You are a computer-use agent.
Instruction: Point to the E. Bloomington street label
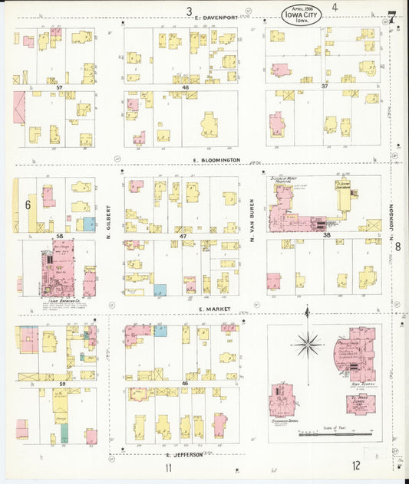tap(218, 160)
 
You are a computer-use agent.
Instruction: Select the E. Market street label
tap(209, 309)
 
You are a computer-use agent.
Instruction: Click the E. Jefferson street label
tap(183, 454)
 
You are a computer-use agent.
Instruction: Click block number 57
tap(59, 88)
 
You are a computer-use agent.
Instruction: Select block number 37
tap(325, 87)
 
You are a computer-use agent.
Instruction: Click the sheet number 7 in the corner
tap(391, 16)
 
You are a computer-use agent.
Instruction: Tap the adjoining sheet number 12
tap(357, 465)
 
